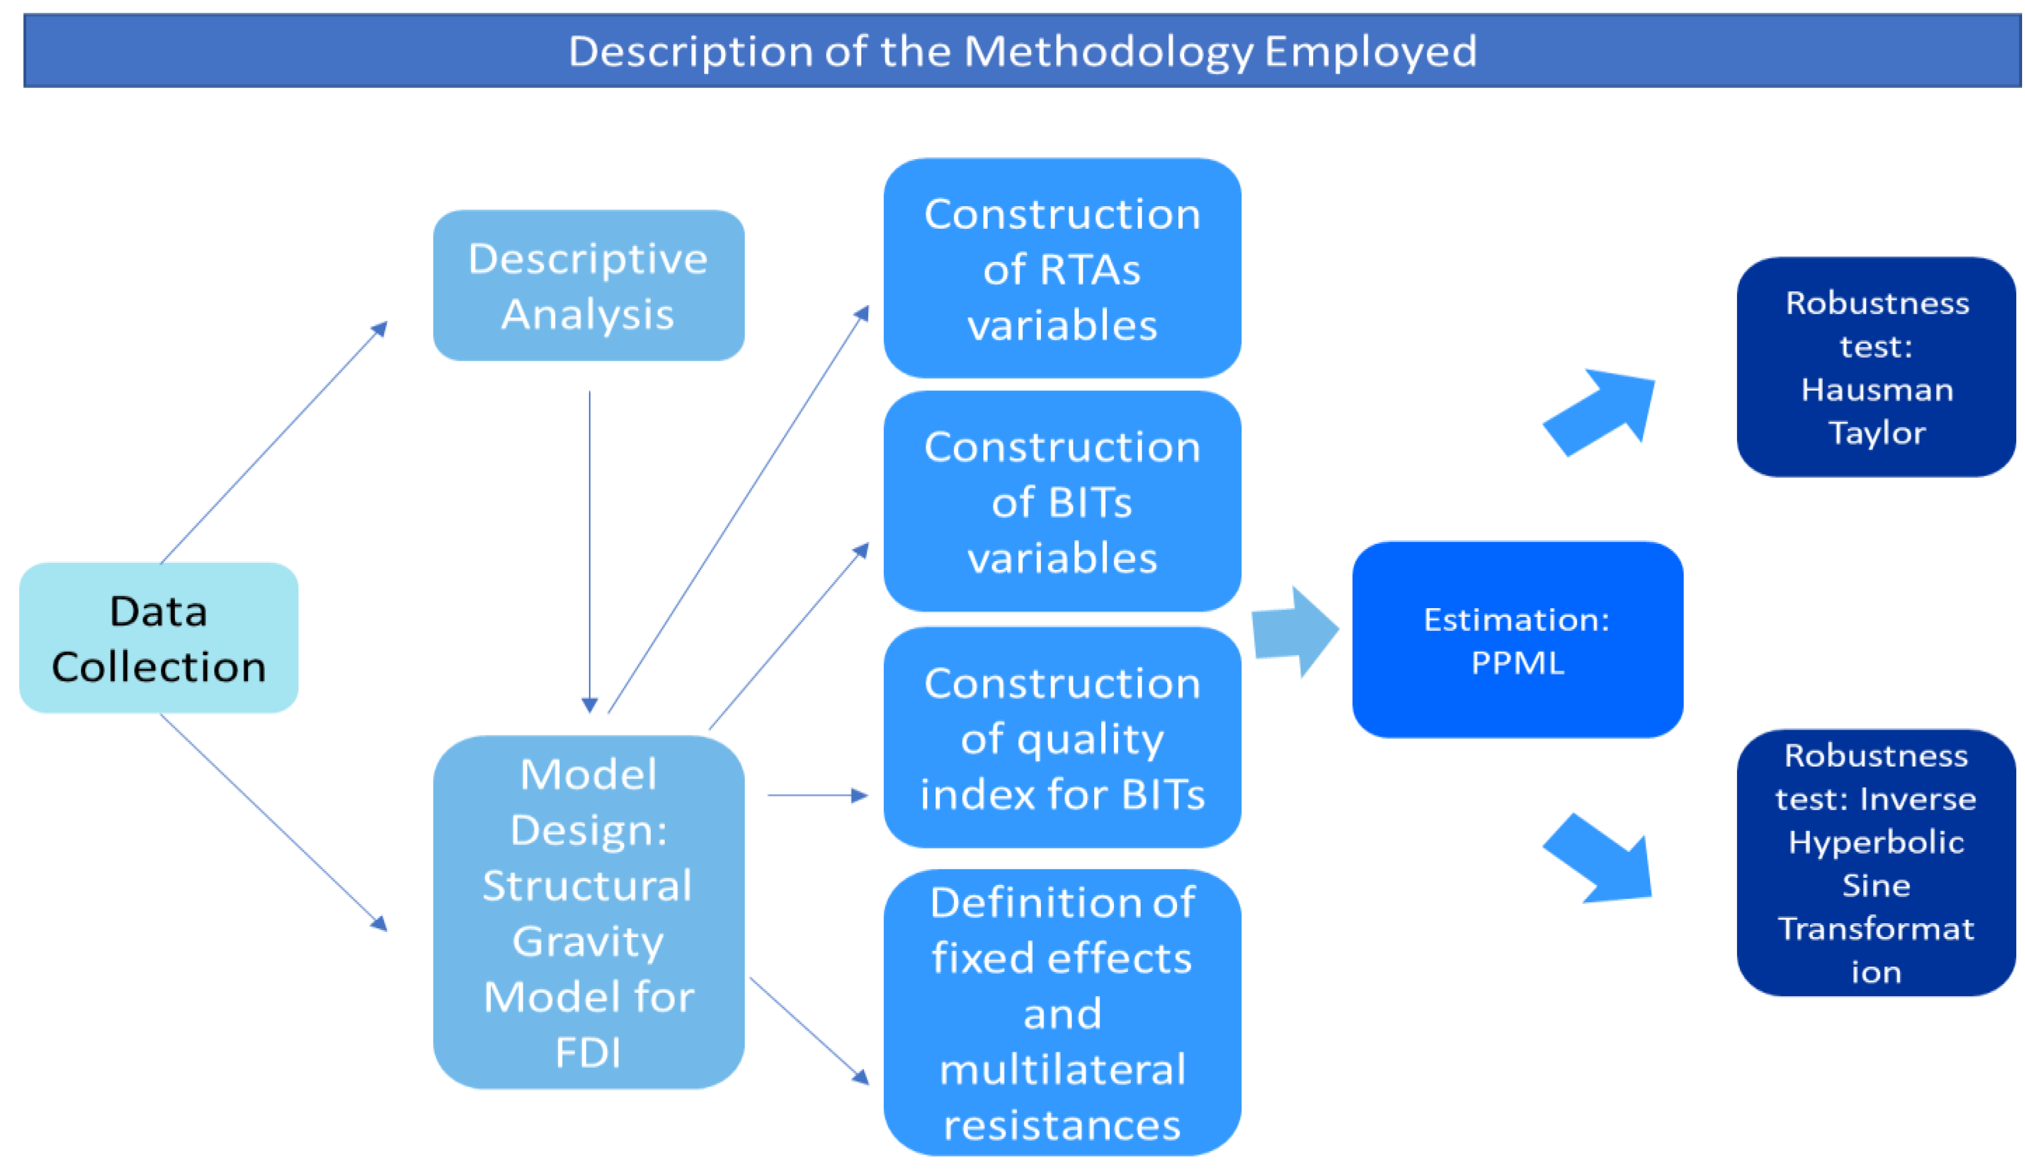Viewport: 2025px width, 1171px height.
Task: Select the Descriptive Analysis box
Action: (588, 285)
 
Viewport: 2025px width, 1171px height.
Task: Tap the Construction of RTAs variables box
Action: (1062, 268)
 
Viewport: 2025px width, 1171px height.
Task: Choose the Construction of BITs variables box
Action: (1062, 501)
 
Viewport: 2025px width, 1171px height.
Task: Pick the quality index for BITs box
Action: (1062, 737)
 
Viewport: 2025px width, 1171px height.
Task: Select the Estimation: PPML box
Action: (1517, 639)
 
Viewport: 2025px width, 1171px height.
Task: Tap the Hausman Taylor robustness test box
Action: (1875, 367)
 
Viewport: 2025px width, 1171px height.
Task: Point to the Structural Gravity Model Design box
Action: (588, 912)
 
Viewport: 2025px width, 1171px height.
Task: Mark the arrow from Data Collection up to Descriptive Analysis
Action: (273, 444)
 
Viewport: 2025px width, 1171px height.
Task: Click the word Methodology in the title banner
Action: (1108, 52)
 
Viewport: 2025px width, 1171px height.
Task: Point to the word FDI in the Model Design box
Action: (588, 1052)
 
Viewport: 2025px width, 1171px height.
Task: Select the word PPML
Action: (1517, 663)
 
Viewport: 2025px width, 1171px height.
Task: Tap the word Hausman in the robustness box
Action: (1876, 390)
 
